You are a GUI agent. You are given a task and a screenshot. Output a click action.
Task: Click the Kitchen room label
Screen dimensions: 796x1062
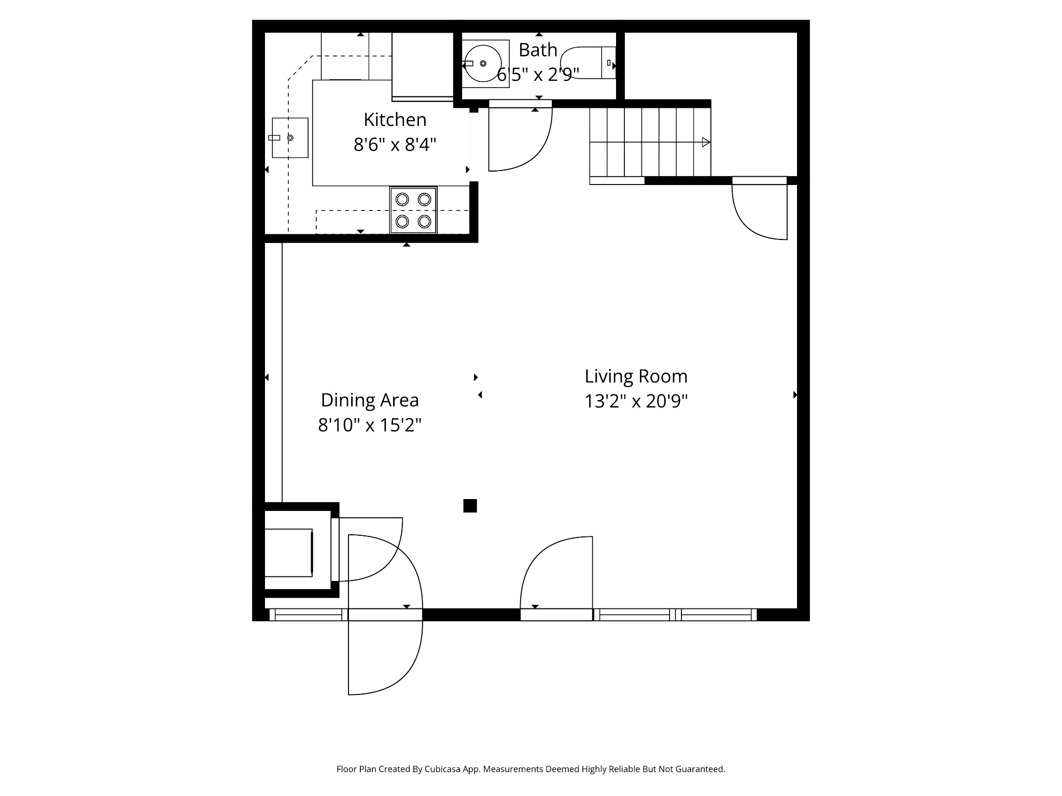point(395,120)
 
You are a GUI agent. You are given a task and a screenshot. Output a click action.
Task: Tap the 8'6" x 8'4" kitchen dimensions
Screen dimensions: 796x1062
point(395,145)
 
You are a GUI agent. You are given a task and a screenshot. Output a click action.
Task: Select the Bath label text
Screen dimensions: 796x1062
point(538,50)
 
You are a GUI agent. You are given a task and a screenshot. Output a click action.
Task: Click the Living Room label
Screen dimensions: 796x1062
point(636,376)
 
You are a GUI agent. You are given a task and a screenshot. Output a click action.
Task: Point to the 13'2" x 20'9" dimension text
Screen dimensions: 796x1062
point(636,401)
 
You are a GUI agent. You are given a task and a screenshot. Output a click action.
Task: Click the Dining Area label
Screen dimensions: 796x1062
point(369,400)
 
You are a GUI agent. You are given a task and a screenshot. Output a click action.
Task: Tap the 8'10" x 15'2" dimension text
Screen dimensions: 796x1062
point(369,425)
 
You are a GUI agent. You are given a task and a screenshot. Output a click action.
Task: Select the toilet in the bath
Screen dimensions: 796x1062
point(589,63)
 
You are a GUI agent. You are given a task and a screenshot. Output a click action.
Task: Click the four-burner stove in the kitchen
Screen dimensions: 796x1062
point(413,210)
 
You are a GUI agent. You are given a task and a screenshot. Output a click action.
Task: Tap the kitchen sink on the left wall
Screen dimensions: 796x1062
point(290,138)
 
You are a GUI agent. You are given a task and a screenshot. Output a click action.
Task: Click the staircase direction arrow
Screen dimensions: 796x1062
point(705,142)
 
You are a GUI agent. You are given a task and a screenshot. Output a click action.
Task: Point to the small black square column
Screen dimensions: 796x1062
point(470,506)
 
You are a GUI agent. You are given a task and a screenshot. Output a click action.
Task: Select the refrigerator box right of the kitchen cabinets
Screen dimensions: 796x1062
point(422,65)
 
